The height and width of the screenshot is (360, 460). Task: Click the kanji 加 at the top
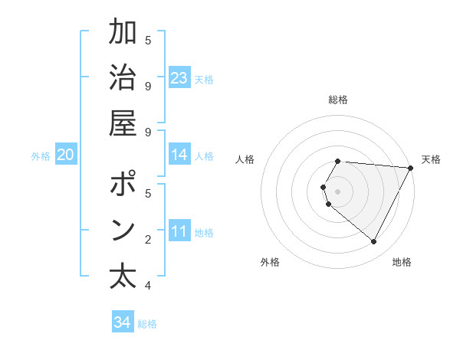point(123,34)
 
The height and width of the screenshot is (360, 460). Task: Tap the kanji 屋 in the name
point(123,124)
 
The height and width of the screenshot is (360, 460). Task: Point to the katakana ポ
point(123,185)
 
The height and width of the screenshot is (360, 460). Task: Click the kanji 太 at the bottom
point(123,277)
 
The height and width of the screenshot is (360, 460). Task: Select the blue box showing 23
point(179,78)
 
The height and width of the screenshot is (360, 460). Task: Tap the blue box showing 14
point(179,155)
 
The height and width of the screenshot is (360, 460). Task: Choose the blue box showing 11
point(179,231)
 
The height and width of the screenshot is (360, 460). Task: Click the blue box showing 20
point(65,155)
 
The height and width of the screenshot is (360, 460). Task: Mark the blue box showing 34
point(122,322)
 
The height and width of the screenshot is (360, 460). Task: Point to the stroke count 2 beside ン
point(148,240)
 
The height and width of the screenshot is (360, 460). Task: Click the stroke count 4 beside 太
point(148,286)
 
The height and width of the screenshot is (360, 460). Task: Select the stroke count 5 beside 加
point(148,41)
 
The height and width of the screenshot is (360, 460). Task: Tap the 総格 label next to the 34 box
point(147,324)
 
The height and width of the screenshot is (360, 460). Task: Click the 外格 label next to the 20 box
point(41,156)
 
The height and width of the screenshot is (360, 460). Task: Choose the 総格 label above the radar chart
point(338,100)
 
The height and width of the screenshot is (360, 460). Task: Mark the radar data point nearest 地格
point(374,241)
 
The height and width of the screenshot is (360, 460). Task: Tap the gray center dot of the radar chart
point(338,191)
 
